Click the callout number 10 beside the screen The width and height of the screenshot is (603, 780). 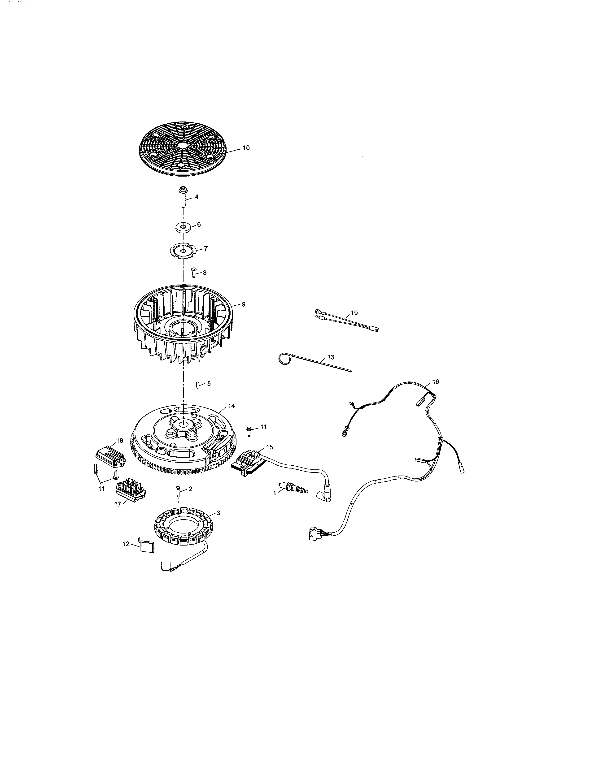pyautogui.click(x=246, y=148)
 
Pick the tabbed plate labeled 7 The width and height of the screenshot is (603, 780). pyautogui.click(x=183, y=250)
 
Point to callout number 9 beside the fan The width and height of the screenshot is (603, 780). pyautogui.click(x=244, y=304)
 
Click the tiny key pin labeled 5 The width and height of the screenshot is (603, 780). pyautogui.click(x=197, y=384)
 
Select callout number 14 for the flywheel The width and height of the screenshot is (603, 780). pyautogui.click(x=231, y=406)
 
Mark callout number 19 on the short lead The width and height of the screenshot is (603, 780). pyautogui.click(x=354, y=313)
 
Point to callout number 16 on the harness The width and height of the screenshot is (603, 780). pyautogui.click(x=435, y=382)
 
